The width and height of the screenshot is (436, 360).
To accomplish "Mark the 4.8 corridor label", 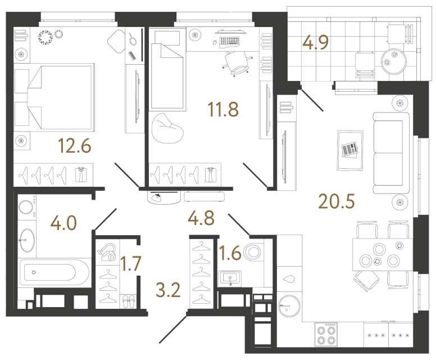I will pos(202,217).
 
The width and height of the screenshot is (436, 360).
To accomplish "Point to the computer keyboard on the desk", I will pos(231,40).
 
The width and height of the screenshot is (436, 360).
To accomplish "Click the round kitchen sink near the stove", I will pos(290,306).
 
